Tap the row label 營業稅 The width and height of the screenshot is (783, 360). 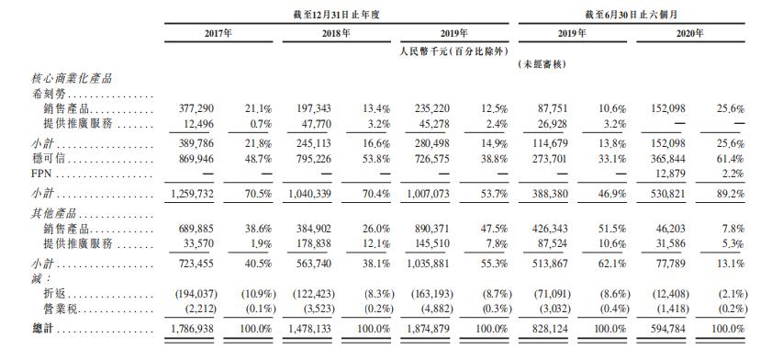58,309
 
